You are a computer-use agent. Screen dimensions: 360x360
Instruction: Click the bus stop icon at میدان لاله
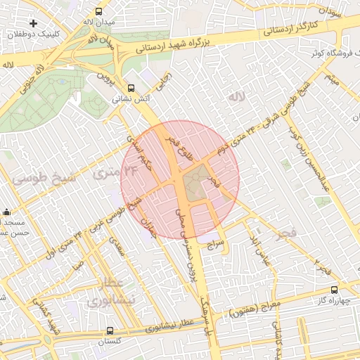[x=98, y=11]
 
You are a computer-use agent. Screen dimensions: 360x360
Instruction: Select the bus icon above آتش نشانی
[x=131, y=88]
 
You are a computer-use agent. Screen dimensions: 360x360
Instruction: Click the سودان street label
[x=330, y=13]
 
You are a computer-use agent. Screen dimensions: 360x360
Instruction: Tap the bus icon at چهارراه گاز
[x=334, y=289]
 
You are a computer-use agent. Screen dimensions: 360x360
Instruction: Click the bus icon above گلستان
[x=110, y=330]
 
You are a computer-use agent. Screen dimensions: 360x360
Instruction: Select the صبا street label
[x=77, y=268]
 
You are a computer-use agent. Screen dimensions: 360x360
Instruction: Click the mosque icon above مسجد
[x=7, y=212]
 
